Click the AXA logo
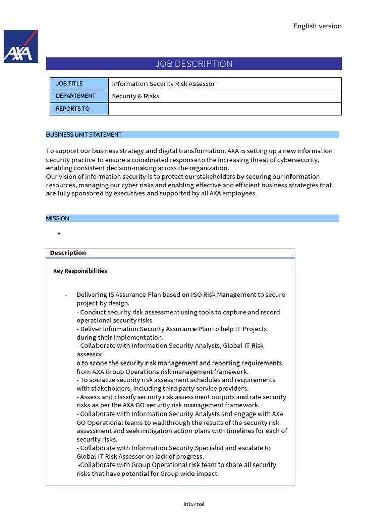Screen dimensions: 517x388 pos(21,46)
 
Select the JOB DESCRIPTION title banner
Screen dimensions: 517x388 pos(194,64)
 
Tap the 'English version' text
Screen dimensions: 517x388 pos(317,26)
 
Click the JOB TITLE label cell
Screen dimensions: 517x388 pos(79,84)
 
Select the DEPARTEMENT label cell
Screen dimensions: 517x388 pos(79,96)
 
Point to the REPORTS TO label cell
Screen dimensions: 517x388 pos(79,109)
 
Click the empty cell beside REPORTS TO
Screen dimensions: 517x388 pos(225,109)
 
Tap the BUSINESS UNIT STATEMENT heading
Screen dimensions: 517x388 pos(84,135)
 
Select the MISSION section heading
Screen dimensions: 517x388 pos(58,218)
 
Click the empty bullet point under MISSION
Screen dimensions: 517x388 pos(59,234)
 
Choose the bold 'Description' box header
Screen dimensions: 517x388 pos(68,253)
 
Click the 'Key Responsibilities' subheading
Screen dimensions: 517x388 pos(80,271)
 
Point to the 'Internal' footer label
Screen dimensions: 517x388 pos(194,504)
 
